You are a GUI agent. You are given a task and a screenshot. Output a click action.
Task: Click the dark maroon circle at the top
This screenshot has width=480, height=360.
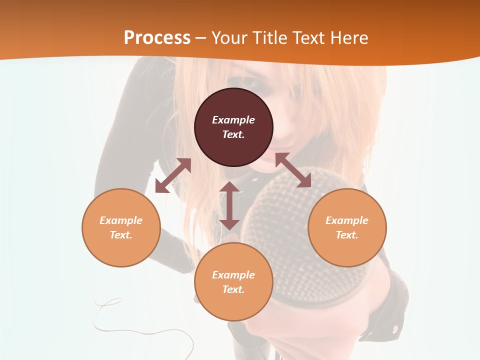click(x=233, y=127)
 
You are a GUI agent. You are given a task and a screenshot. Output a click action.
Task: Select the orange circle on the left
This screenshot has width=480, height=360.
click(x=121, y=227)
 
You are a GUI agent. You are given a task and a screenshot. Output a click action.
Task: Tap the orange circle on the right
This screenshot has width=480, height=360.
click(x=347, y=227)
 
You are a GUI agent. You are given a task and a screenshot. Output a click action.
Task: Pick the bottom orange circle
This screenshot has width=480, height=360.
click(x=233, y=282)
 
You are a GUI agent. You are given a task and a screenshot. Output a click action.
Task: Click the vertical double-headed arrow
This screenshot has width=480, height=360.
click(x=229, y=205)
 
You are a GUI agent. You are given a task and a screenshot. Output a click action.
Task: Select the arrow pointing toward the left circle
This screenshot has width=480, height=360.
click(x=173, y=175)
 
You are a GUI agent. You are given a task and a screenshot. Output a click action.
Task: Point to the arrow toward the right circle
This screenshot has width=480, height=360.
click(x=293, y=170)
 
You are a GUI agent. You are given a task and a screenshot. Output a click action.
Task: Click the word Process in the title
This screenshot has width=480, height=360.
click(x=157, y=37)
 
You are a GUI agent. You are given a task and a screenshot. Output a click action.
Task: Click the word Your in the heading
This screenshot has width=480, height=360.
click(x=229, y=38)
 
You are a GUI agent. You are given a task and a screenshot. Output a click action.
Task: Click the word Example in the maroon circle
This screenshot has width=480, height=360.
click(x=233, y=120)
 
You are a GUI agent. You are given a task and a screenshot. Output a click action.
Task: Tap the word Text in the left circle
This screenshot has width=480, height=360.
click(x=120, y=235)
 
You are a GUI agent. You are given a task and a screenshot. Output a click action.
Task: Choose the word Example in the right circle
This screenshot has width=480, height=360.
click(x=347, y=220)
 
